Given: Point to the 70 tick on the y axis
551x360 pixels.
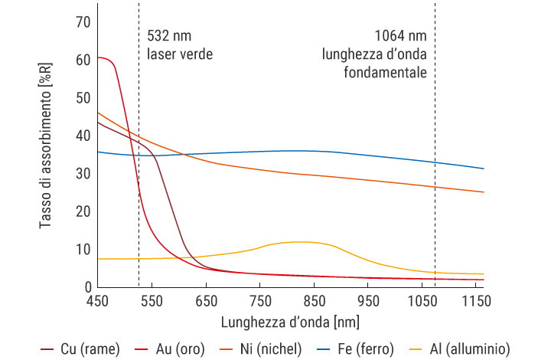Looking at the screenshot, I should click(x=82, y=22).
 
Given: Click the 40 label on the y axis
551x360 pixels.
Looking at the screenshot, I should click(x=82, y=136).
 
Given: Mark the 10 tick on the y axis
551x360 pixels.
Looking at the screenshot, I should click(x=82, y=250).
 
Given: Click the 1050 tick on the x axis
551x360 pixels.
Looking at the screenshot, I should click(x=423, y=301).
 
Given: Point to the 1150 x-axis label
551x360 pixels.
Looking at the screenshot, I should click(x=478, y=301).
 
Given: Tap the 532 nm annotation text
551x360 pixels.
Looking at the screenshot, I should click(x=169, y=36).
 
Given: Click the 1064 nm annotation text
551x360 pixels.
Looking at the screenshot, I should click(x=400, y=36).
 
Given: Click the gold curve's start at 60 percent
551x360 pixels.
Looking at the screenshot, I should click(x=99, y=58).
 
